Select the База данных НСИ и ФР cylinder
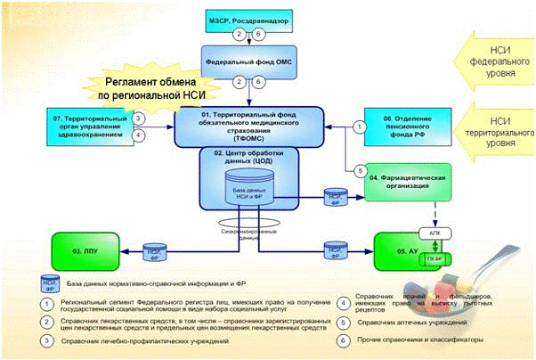[x=243, y=192]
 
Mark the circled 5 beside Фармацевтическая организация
[x=360, y=171]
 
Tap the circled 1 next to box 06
[x=359, y=127]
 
